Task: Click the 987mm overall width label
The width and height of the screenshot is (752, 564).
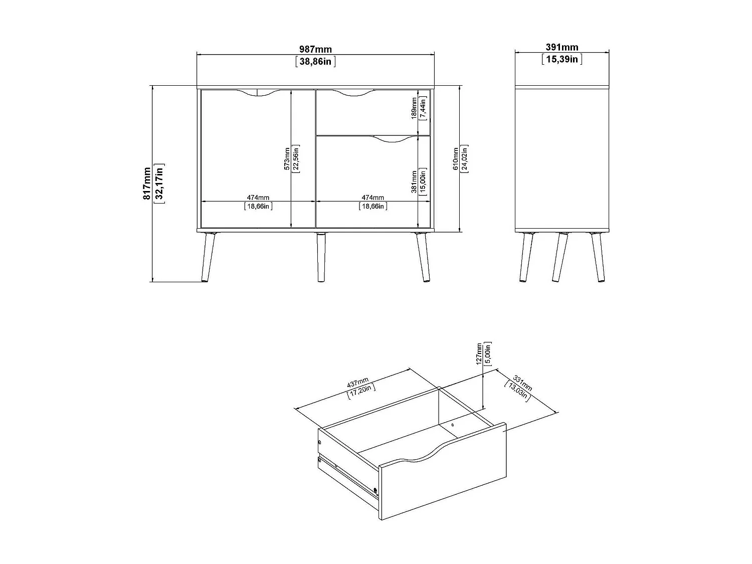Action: pos(315,49)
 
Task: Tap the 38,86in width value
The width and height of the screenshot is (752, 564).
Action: pos(315,62)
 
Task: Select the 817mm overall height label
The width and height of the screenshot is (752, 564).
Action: pos(147,183)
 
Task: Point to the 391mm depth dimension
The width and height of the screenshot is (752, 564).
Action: pos(561,47)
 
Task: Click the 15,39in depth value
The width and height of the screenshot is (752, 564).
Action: pos(561,59)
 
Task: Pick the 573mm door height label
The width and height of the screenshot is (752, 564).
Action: pos(287,158)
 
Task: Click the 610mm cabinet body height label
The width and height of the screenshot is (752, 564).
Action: pos(456,158)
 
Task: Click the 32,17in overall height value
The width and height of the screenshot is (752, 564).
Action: pos(160,183)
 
